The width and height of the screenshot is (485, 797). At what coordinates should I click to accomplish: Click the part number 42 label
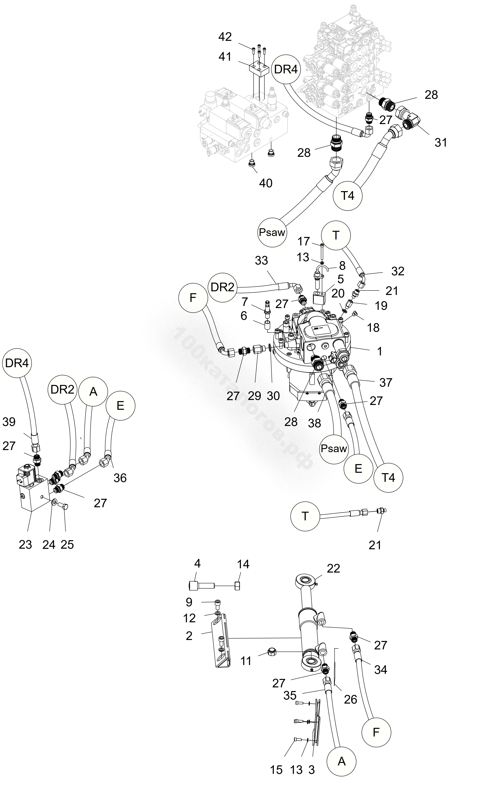pyautogui.click(x=225, y=37)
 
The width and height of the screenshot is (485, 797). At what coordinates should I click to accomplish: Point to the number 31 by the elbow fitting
pyautogui.click(x=441, y=143)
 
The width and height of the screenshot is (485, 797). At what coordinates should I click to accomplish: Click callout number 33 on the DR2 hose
pyautogui.click(x=261, y=261)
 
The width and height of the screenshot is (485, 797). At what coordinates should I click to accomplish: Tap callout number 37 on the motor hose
pyautogui.click(x=386, y=383)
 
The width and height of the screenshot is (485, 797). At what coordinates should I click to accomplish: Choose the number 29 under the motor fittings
pyautogui.click(x=255, y=396)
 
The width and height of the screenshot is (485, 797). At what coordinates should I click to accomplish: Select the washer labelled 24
pyautogui.click(x=54, y=502)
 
